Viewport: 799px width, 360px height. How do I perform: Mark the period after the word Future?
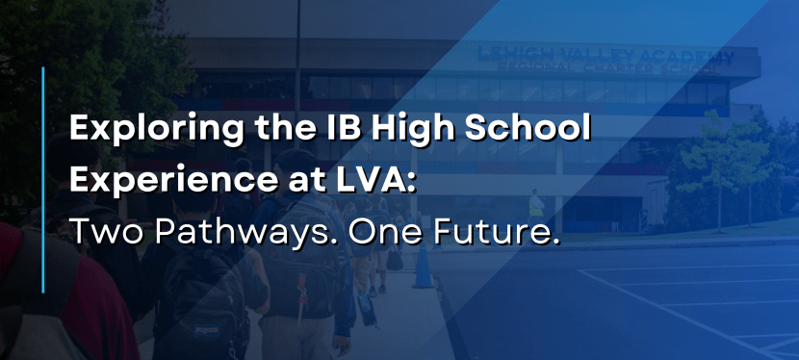point(554,241)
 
